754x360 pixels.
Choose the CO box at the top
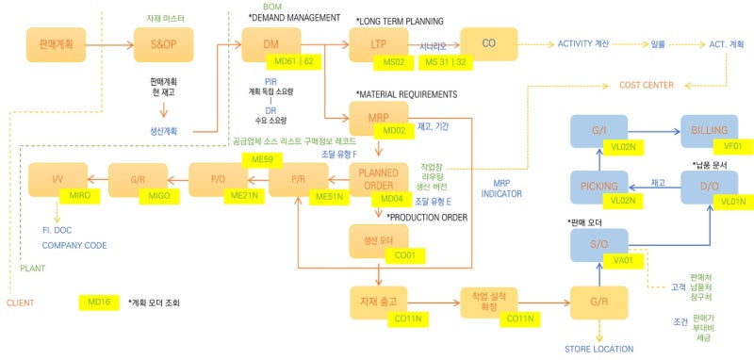pyautogui.click(x=488, y=43)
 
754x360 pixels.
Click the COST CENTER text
pyautogui.click(x=646, y=86)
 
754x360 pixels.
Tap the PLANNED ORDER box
pyautogui.click(x=378, y=178)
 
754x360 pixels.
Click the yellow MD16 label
pyautogui.click(x=98, y=303)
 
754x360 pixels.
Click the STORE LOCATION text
pyautogui.click(x=599, y=350)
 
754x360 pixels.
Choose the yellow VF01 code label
pyautogui.click(x=732, y=145)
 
